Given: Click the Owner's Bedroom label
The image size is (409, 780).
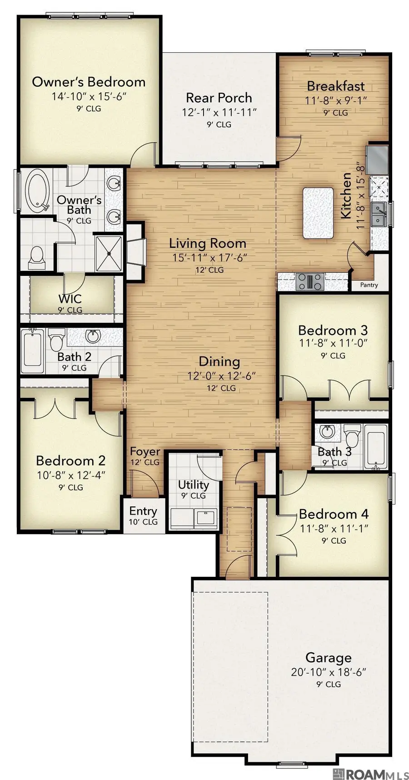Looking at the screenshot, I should click(89, 82).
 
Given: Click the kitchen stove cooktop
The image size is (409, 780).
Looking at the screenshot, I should click(309, 281).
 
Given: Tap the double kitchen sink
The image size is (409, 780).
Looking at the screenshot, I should click(379, 214).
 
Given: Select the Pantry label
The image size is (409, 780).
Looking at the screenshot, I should click(369, 285).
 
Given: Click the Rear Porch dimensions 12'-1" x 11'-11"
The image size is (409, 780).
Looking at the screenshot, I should click(219, 112).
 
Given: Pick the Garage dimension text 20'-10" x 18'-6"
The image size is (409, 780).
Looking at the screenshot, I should click(328, 672).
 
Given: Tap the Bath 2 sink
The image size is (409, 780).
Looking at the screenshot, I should click(94, 337).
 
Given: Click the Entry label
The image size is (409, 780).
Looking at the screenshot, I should click(143, 511).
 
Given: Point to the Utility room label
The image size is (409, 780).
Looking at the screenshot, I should click(194, 485).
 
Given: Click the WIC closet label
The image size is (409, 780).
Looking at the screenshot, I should click(70, 299).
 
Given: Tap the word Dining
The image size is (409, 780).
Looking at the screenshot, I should click(219, 362).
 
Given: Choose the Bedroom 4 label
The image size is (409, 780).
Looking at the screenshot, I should click(334, 515).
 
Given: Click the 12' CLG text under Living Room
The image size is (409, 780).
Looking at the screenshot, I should click(209, 270).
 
